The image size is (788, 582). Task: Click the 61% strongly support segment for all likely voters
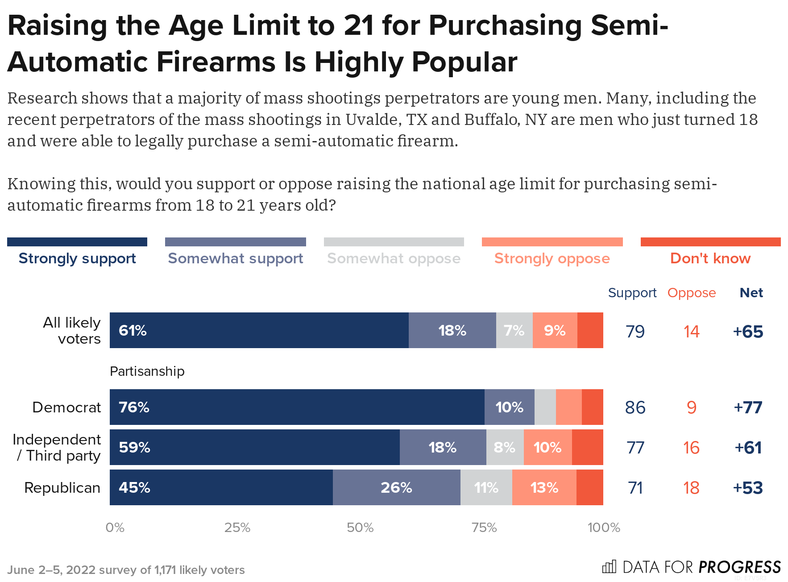(259, 330)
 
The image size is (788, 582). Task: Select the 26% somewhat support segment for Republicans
(396, 487)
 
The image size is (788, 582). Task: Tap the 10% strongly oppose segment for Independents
(547, 447)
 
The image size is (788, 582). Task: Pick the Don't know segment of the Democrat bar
(592, 407)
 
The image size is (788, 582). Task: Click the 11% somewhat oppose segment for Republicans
(486, 487)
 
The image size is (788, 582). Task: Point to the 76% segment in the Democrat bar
(297, 407)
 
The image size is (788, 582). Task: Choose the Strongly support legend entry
(77, 258)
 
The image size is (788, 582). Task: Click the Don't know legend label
(710, 258)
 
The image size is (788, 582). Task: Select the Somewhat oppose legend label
(394, 258)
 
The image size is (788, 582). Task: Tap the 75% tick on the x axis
(484, 528)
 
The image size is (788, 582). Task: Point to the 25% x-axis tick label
(237, 528)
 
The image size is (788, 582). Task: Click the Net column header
(751, 293)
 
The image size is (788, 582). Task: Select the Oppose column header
(691, 293)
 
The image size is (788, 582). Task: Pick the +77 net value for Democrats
(748, 407)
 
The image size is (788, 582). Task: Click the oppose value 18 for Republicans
(691, 488)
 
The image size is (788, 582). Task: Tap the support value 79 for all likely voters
(635, 332)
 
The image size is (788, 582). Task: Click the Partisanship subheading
(147, 371)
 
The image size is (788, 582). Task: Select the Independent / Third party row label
(57, 447)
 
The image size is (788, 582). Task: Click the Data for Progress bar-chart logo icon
(609, 567)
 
